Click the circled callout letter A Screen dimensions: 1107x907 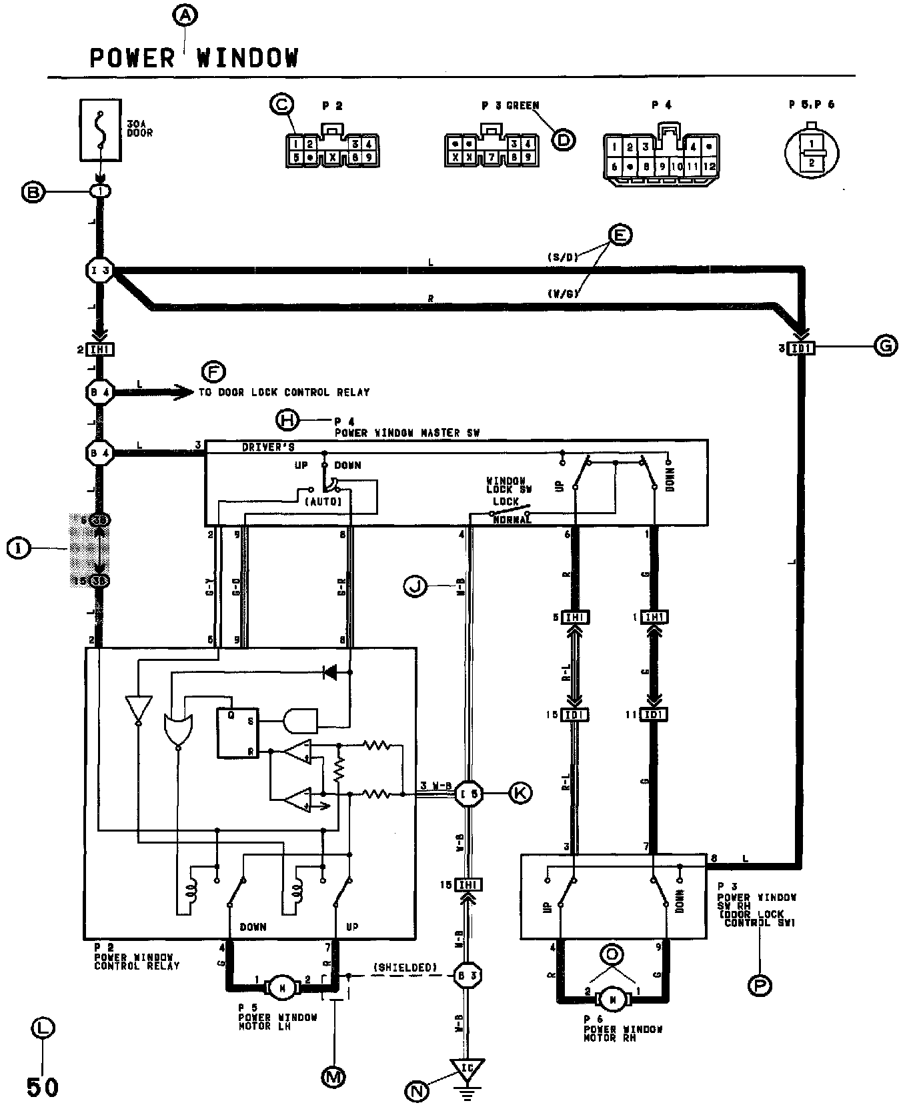pos(185,15)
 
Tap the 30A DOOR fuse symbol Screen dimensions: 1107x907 pos(101,130)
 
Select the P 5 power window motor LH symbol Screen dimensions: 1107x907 pos(281,988)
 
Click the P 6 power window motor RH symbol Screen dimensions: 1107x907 pos(612,998)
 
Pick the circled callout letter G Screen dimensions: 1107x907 pos(885,346)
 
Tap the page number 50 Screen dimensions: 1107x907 pos(43,1087)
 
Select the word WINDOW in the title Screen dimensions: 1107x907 pos(247,59)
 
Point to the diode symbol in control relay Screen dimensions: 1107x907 pos(329,672)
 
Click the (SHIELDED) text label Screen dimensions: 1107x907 pos(405,967)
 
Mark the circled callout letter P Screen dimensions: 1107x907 pos(760,985)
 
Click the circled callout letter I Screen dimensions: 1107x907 pos(18,548)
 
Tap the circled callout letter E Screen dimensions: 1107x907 pos(620,235)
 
